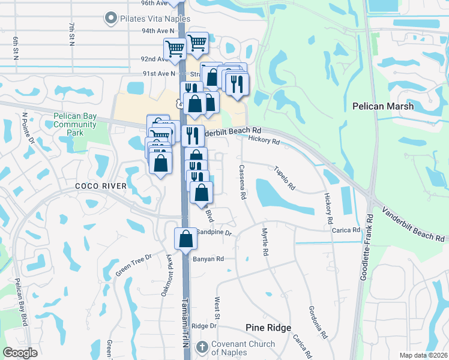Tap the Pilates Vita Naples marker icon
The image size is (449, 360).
(110, 19)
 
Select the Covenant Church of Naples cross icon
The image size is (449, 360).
(202, 347)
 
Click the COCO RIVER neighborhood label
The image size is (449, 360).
(101, 186)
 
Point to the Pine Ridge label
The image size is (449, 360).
(268, 328)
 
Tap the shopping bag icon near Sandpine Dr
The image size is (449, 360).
(186, 238)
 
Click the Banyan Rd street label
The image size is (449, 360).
(208, 259)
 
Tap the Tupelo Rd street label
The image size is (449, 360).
(285, 178)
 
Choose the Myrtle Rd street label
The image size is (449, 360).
(264, 243)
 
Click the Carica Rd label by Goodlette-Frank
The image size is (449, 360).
(348, 230)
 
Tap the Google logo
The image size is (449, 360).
(20, 352)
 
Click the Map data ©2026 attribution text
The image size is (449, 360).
(423, 355)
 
